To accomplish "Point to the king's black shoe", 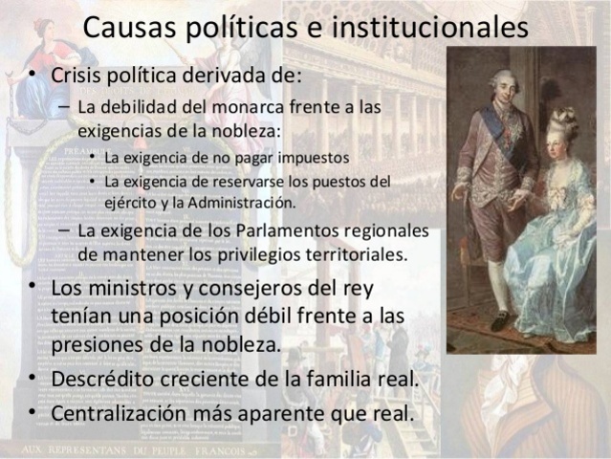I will click(500, 321).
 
